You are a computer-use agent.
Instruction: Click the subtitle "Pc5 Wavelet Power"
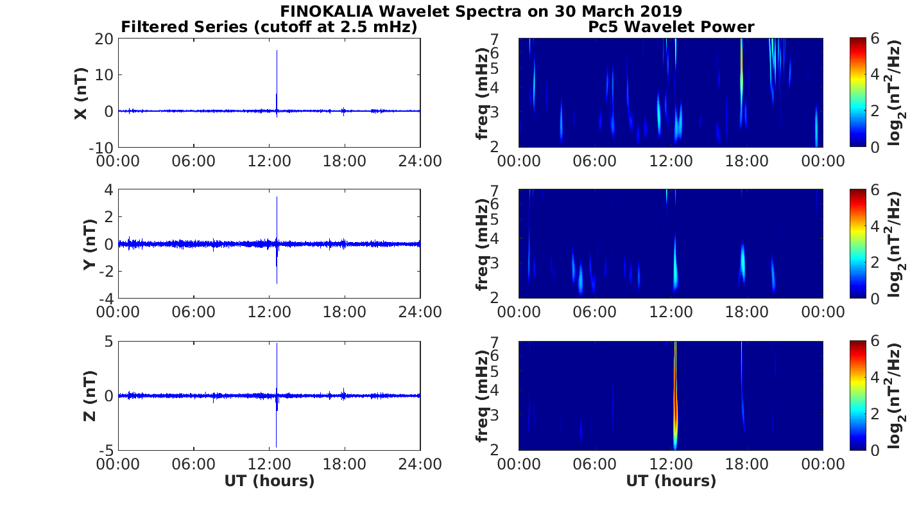pos(671,27)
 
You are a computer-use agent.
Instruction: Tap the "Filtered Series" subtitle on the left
pos(269,27)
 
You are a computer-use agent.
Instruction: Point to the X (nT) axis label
pos(81,94)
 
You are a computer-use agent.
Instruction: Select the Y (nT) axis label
pos(89,245)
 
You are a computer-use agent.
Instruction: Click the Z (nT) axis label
pos(89,396)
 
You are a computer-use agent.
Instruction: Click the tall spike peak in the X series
pos(277,51)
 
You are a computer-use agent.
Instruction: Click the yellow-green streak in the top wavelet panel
pos(741,71)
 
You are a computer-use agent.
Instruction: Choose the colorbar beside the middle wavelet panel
pos(857,244)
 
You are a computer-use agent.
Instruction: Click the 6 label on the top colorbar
pos(878,39)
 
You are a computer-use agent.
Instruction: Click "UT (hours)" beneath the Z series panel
pos(269,481)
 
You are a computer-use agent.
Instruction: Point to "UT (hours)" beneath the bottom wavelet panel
pos(671,481)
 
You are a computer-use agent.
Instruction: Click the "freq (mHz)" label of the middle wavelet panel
pos(482,244)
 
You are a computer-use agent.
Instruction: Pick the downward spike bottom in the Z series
pos(277,446)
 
